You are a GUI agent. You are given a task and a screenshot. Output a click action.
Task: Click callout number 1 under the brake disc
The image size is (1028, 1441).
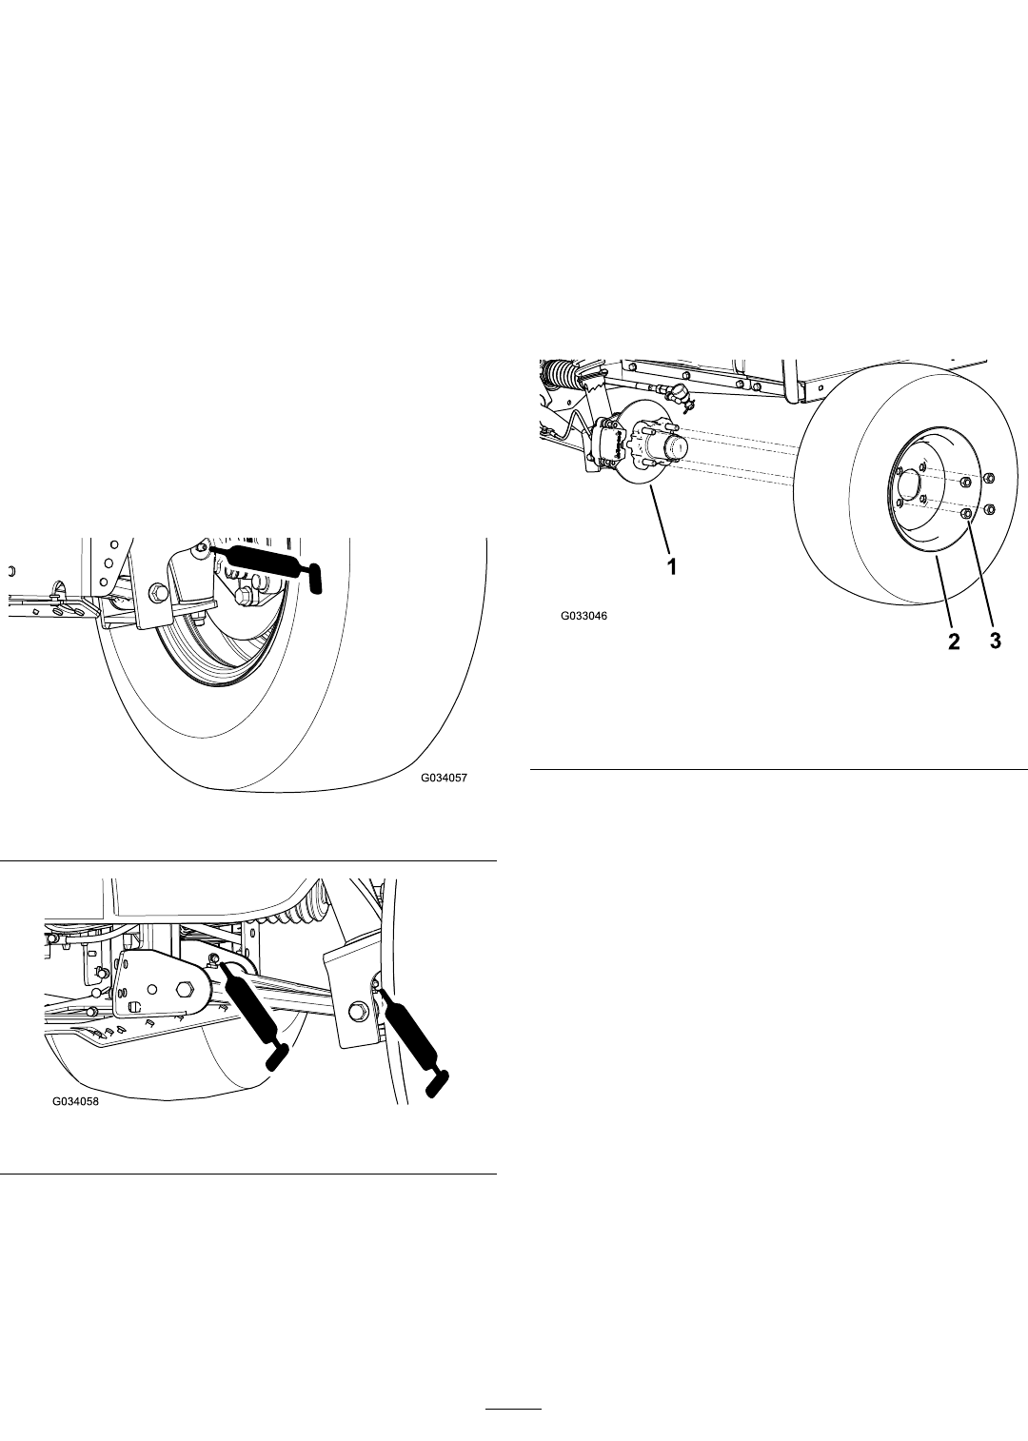pyautogui.click(x=672, y=566)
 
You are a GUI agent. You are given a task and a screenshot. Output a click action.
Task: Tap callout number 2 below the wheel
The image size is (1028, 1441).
pyautogui.click(x=954, y=641)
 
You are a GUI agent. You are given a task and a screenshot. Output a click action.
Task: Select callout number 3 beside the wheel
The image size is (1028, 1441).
pyautogui.click(x=996, y=641)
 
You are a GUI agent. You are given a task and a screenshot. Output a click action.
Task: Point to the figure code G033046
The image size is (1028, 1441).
pyautogui.click(x=583, y=616)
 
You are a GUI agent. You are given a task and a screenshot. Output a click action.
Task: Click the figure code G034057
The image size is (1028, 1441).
pyautogui.click(x=444, y=778)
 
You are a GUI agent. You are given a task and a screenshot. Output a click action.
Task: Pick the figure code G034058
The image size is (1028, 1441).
pyautogui.click(x=76, y=1101)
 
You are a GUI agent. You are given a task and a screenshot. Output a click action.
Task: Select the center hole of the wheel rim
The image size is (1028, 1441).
pyautogui.click(x=909, y=484)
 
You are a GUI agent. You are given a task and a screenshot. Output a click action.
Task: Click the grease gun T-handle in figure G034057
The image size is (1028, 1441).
pyautogui.click(x=316, y=577)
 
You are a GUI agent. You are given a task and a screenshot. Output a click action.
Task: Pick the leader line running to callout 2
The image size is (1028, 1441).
pyautogui.click(x=943, y=593)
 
